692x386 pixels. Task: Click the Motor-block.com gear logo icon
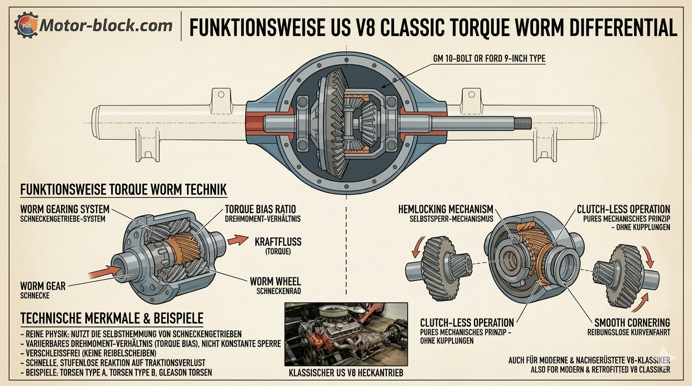[26, 25]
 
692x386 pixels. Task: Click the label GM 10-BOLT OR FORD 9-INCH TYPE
[489, 58]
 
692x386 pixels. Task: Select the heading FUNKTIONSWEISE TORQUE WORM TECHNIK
[123, 189]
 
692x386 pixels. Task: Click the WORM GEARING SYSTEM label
[65, 209]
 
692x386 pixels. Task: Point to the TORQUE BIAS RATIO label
[260, 209]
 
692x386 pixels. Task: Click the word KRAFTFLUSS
[278, 242]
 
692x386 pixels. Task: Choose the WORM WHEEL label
[275, 281]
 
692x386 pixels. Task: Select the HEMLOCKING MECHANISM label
[445, 209]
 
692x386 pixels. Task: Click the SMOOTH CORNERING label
[632, 323]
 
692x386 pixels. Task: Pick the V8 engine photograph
[346, 334]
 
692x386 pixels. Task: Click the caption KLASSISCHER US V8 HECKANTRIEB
[346, 373]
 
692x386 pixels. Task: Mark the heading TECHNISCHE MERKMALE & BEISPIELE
[112, 318]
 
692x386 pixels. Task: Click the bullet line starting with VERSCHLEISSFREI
[89, 353]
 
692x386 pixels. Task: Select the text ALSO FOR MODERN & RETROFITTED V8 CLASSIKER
[600, 369]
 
